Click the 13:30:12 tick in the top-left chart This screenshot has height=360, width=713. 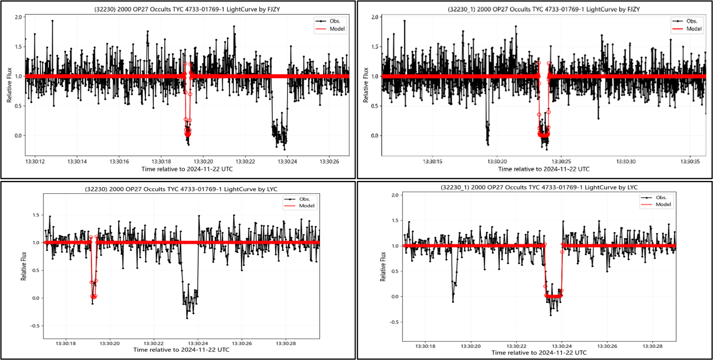pos(35,162)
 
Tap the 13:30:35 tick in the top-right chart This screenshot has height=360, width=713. pos(690,161)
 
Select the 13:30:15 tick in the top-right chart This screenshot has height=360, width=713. pos(432,161)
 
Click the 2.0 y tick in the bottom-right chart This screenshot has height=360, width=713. pos(395,195)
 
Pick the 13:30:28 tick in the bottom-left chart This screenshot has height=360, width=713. pos(286,344)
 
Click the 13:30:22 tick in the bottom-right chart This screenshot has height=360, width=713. pos(516,346)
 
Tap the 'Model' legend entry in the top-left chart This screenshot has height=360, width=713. pos(337,29)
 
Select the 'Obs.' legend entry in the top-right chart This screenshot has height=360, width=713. pos(691,21)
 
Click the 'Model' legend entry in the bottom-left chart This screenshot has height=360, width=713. pos(307,206)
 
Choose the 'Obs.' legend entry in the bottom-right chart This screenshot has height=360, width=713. pos(661,197)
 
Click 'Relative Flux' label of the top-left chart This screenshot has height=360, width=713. pos(9,85)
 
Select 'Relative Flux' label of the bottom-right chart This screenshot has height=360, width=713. pos(383,266)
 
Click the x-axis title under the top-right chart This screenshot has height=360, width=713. pos(544,169)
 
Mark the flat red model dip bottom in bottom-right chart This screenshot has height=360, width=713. pos(553,296)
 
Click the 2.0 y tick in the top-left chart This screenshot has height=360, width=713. pos(18,17)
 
